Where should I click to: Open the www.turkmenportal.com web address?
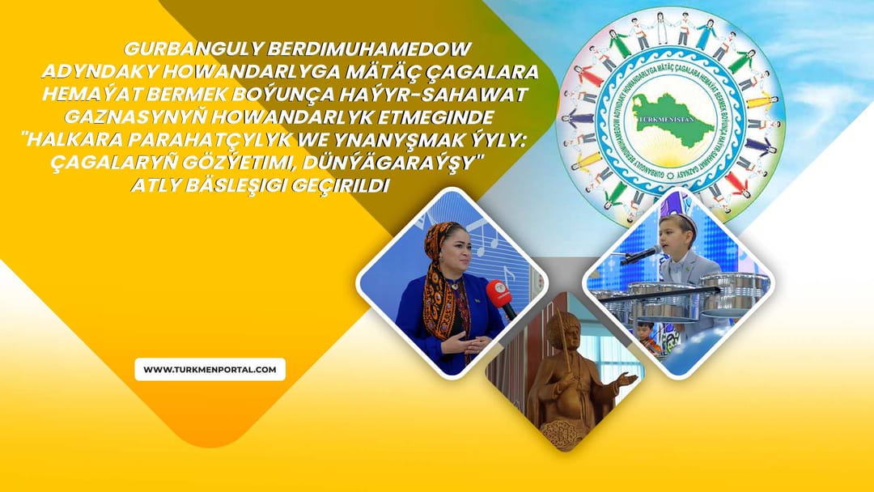[x=210, y=370]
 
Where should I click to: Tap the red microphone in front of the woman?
[x=499, y=295]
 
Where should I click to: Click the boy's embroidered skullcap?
[x=678, y=221]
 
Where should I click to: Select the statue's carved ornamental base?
[x=565, y=433]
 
